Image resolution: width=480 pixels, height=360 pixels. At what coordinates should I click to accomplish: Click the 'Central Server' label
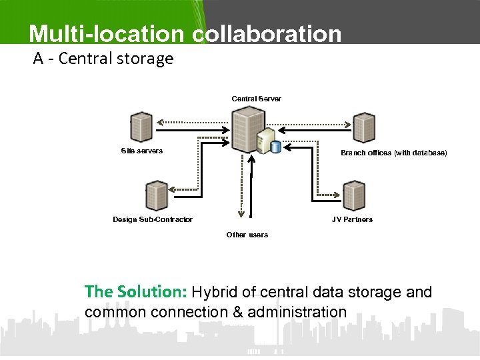pyautogui.click(x=256, y=99)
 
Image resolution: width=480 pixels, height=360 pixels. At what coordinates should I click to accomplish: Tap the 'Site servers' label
pyautogui.click(x=141, y=151)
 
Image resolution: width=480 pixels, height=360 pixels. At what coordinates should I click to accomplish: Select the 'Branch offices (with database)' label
pyautogui.click(x=393, y=153)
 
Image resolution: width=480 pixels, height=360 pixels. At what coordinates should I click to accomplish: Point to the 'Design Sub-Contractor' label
pyautogui.click(x=153, y=219)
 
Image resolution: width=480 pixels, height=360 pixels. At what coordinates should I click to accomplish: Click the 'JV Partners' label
pyautogui.click(x=352, y=219)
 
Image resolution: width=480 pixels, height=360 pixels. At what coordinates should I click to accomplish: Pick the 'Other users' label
pyautogui.click(x=247, y=235)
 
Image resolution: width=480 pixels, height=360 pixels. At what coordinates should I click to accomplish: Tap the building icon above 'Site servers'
pyautogui.click(x=141, y=127)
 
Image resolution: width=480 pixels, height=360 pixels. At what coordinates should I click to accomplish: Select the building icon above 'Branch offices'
pyautogui.click(x=364, y=127)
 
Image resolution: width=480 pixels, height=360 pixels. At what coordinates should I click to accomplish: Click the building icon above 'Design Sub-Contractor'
pyautogui.click(x=157, y=195)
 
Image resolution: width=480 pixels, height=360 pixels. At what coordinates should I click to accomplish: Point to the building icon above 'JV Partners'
pyautogui.click(x=354, y=195)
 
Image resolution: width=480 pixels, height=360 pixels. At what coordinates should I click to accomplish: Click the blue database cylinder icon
pyautogui.click(x=275, y=147)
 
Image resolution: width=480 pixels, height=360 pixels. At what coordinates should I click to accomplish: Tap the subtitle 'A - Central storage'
pyautogui.click(x=103, y=59)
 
